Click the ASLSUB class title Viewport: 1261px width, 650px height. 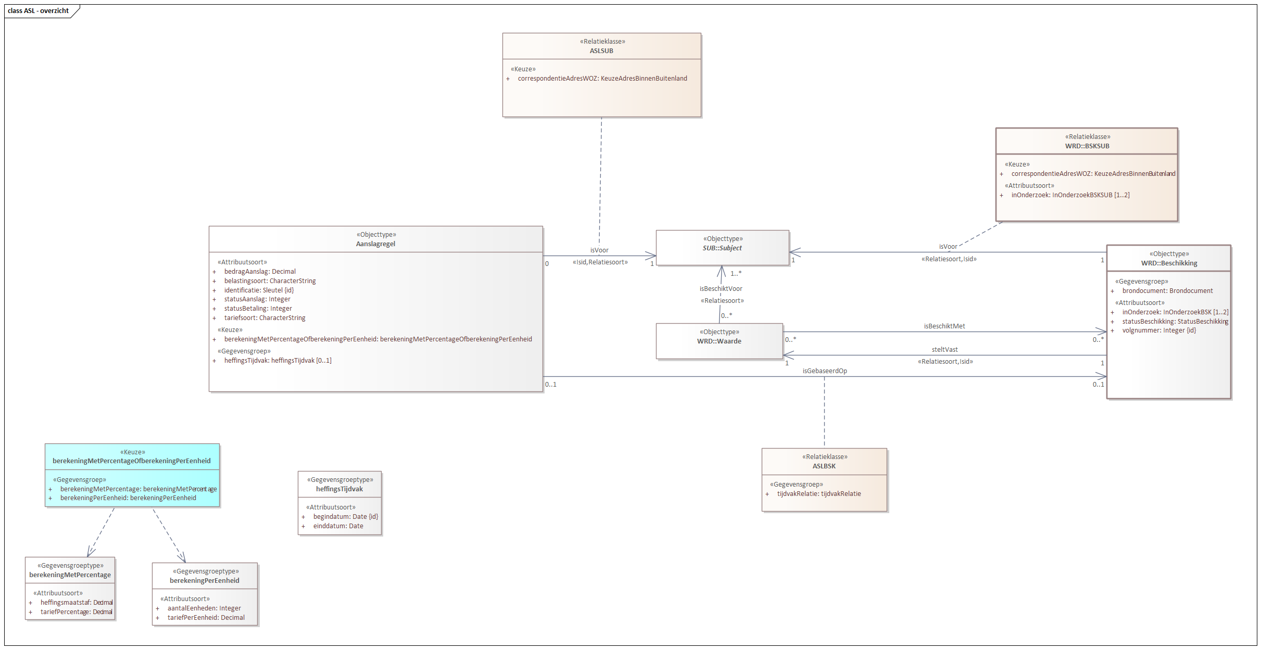(601, 51)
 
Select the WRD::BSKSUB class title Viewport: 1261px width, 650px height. (1087, 146)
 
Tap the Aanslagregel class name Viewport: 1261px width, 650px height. (375, 244)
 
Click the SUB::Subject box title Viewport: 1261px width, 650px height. (722, 248)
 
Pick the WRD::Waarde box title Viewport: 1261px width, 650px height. (719, 341)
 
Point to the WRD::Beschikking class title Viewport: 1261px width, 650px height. (1169, 263)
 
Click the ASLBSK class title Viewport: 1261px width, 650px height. (824, 466)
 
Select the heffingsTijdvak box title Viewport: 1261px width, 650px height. (339, 489)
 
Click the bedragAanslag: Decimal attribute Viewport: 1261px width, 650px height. (260, 272)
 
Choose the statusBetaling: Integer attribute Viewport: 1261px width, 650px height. (258, 309)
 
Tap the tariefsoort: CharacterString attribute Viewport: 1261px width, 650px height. (264, 318)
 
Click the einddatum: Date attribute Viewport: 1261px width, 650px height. (338, 526)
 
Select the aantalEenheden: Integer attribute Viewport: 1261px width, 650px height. (204, 608)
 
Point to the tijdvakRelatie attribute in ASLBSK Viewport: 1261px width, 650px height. (818, 494)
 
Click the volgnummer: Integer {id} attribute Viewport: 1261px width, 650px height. (1159, 330)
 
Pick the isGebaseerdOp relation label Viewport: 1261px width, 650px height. (825, 371)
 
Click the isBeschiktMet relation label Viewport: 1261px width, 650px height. (944, 326)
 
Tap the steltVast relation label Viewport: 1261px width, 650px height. (944, 350)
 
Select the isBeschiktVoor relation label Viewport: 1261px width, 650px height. (721, 289)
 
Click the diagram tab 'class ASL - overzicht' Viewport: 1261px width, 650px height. (39, 11)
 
